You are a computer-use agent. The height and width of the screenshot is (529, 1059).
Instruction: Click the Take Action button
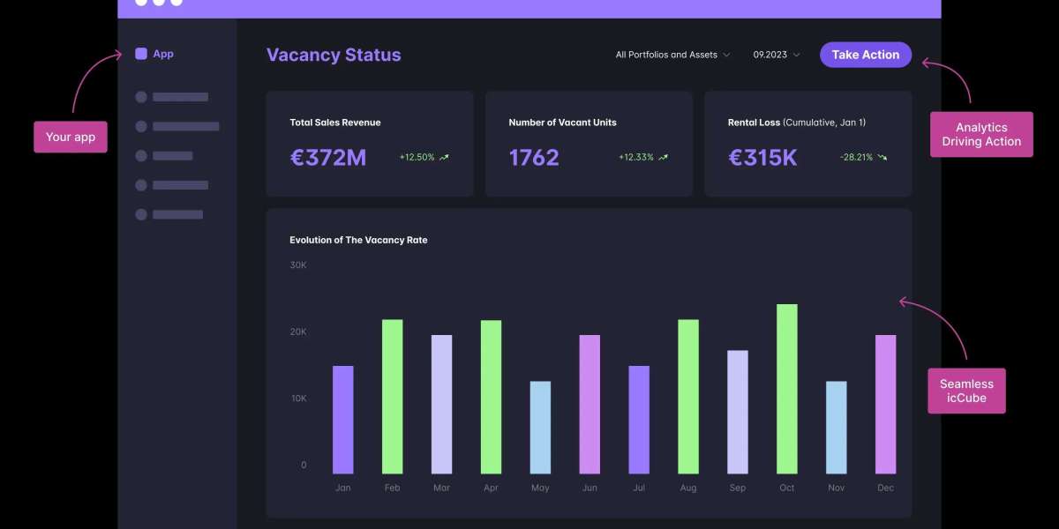coord(865,55)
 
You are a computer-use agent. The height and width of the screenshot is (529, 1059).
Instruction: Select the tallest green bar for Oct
coord(786,389)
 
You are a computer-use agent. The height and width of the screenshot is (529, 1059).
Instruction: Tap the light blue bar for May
coord(540,428)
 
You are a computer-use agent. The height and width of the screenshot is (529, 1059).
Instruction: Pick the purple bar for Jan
coord(342,420)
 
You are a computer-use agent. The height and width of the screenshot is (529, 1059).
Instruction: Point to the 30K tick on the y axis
coord(298,265)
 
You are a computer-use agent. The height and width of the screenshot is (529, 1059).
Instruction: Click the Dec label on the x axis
coord(885,488)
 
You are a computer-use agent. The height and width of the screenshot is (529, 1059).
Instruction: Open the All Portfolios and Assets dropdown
coord(672,55)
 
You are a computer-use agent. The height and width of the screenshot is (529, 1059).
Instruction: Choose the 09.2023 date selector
coord(777,55)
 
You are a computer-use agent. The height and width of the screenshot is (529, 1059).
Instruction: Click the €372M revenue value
coord(328,158)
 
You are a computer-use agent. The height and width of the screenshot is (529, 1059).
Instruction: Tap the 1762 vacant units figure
coord(534,158)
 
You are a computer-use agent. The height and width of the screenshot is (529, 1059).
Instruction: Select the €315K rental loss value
coord(762,158)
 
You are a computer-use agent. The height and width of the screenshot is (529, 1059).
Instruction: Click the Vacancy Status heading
coord(334,55)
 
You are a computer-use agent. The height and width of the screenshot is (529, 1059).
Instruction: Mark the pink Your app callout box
coord(71,138)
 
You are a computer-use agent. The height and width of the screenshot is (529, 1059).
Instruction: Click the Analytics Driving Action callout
coord(981,135)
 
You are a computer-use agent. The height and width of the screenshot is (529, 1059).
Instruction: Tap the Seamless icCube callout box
coord(966,391)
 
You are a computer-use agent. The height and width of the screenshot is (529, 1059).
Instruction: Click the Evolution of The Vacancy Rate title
coord(358,240)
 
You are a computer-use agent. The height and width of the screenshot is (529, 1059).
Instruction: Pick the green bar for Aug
coord(688,397)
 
